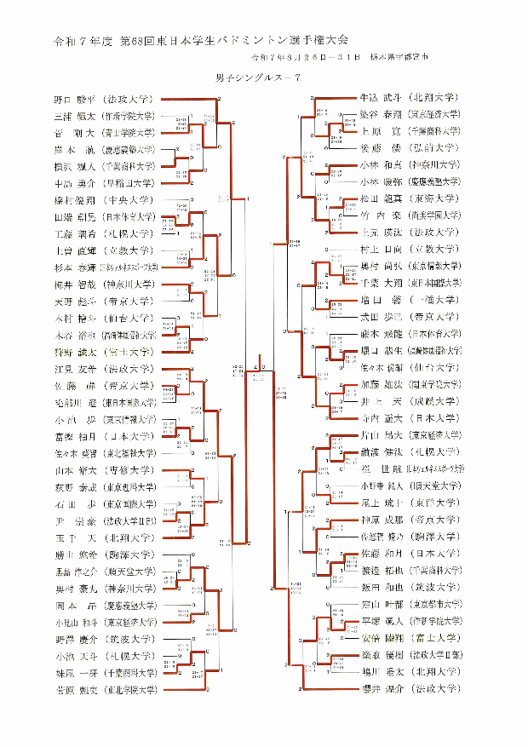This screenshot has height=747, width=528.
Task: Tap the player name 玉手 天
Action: (x=72, y=537)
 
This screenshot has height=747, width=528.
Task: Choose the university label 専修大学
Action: (x=129, y=470)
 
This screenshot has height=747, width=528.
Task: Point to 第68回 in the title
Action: (x=135, y=40)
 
